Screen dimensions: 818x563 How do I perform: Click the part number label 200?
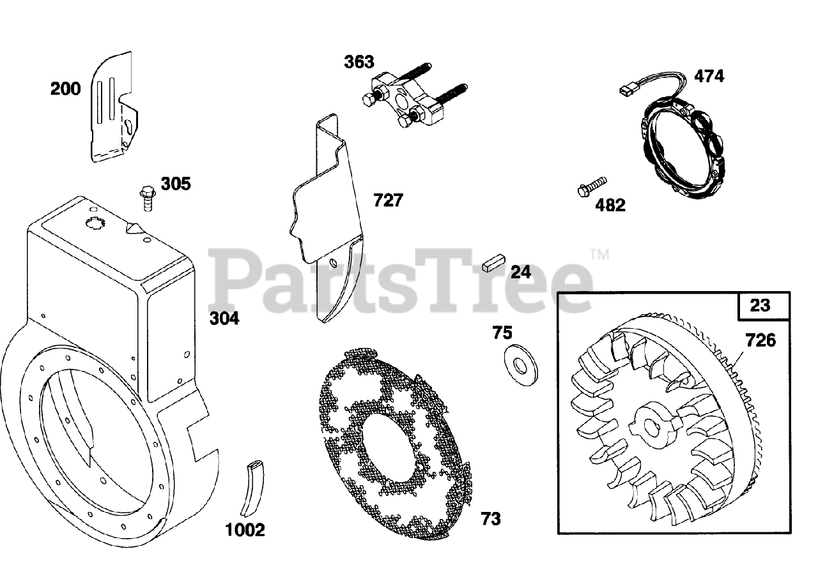66,89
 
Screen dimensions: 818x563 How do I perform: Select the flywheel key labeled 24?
494,264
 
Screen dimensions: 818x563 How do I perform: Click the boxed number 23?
760,305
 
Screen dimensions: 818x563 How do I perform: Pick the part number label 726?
760,340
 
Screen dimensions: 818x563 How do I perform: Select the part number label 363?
359,62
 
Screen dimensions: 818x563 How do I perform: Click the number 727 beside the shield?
389,200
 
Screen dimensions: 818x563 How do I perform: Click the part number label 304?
224,318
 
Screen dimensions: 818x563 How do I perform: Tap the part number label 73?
491,519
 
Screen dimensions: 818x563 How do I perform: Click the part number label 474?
709,76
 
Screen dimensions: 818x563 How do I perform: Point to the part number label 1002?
245,530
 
